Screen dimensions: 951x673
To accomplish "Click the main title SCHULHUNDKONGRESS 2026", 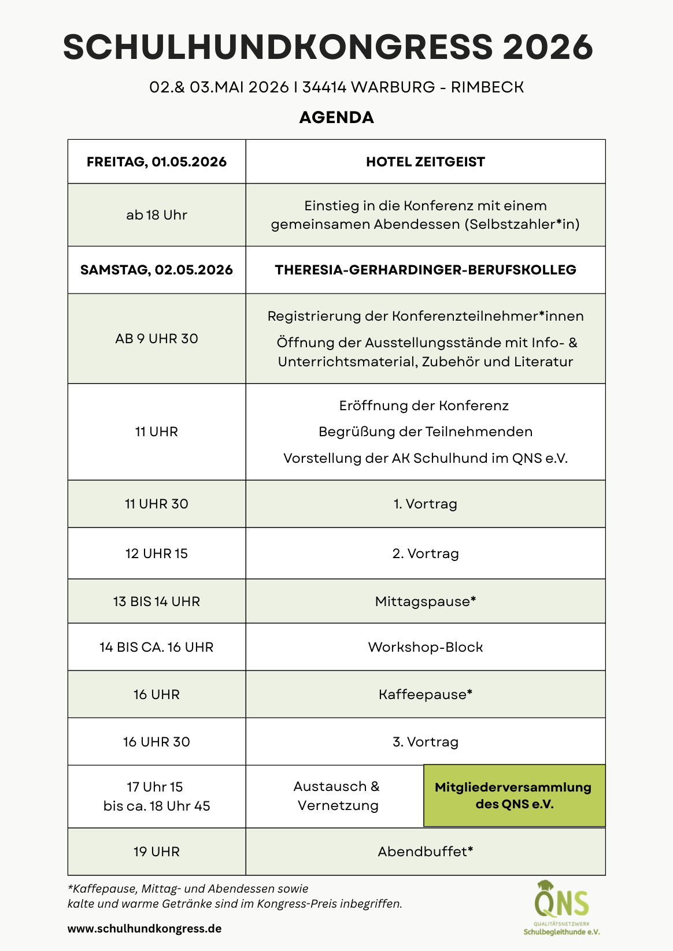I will click(x=328, y=47).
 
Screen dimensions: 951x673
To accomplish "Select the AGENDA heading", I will click(x=337, y=117).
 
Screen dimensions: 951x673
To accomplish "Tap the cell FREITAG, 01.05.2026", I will click(x=157, y=162).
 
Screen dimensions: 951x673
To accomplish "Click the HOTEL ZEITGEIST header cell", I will click(x=426, y=162).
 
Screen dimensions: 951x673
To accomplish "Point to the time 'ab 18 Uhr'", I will click(x=157, y=215).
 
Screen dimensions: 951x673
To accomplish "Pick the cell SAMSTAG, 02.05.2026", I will click(x=157, y=270).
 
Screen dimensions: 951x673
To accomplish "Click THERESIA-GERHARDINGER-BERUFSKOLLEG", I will click(x=426, y=270).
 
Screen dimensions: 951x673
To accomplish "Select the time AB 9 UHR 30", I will click(x=157, y=339).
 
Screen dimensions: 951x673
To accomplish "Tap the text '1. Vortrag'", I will click(x=426, y=504).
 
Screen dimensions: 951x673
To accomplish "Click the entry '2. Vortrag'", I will click(x=426, y=553).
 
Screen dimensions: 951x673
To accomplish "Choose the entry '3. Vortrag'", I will click(x=426, y=742).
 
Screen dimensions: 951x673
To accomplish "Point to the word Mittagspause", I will click(x=423, y=601).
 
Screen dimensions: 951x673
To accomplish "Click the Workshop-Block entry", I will click(x=426, y=647).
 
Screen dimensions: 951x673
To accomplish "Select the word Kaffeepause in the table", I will click(x=423, y=694).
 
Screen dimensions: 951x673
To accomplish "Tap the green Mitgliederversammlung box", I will click(x=514, y=796).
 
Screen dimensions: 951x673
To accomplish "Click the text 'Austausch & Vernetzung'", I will click(x=337, y=796).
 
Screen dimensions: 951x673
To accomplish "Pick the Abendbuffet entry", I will click(x=423, y=852).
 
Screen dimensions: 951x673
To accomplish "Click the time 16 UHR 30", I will click(x=157, y=742).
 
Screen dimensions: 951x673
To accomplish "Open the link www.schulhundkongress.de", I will click(x=145, y=928).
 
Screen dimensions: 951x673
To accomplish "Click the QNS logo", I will click(x=561, y=907).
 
